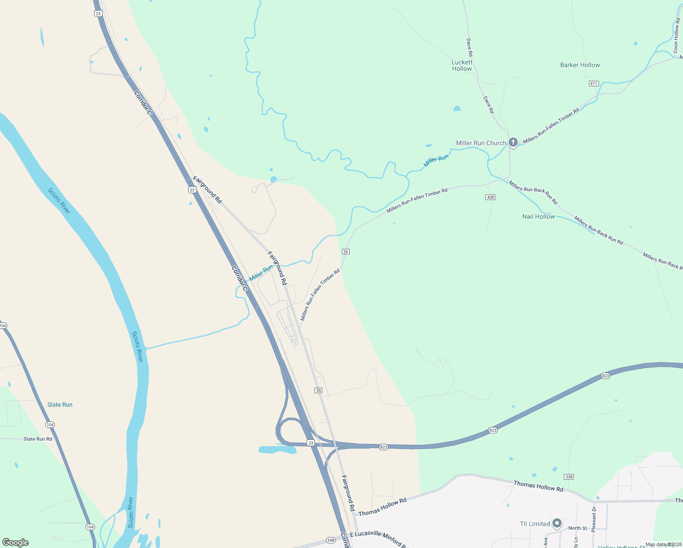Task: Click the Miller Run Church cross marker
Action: point(513,142)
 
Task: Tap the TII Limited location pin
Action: point(557,523)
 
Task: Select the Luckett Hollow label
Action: point(462,65)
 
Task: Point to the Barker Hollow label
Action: point(580,65)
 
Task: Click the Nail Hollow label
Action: point(538,216)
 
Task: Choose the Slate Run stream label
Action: point(60,405)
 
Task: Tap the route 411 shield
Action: point(594,84)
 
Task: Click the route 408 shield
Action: point(490,197)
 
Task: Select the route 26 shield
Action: point(346,252)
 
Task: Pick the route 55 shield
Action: point(319,390)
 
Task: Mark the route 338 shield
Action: point(568,477)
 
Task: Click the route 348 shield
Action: point(331,540)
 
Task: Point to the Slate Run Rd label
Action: point(38,439)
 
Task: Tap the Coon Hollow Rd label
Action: point(676,36)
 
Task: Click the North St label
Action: point(578,528)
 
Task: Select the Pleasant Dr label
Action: point(594,519)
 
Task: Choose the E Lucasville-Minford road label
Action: point(377,538)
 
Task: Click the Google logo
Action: point(16,543)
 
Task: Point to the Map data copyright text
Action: point(663,544)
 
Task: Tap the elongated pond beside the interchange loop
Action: point(278,450)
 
